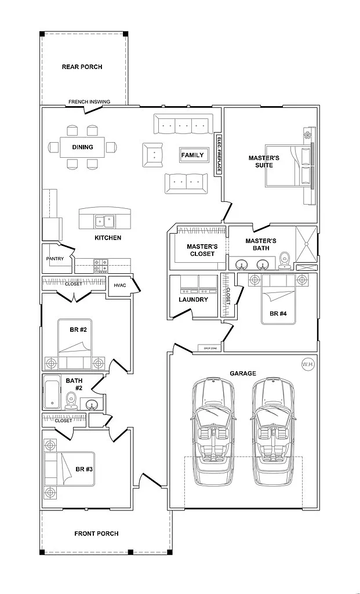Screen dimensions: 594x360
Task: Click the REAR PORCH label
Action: (82, 67)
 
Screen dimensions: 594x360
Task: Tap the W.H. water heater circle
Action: (307, 364)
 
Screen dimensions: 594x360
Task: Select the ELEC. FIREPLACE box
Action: (219, 155)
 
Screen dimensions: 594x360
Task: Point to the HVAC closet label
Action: (119, 285)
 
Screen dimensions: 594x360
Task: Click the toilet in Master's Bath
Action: (284, 260)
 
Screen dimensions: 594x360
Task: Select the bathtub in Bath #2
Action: (51, 393)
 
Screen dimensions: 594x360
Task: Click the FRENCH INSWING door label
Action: (89, 102)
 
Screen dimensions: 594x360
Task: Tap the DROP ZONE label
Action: (210, 348)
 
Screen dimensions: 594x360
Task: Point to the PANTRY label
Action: (54, 259)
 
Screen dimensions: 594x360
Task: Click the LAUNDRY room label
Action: (193, 299)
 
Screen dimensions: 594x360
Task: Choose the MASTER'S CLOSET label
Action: (202, 250)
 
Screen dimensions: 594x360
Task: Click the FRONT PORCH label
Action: (96, 533)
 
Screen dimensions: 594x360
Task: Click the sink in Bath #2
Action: (92, 404)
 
